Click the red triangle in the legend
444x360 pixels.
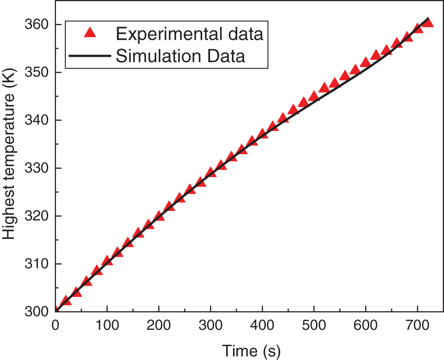pos(90,33)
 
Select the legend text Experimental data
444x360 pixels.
pos(190,33)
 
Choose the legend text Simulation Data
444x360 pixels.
pos(181,56)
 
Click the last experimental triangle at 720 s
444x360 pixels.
pos(428,23)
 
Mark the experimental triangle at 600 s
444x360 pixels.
pos(366,62)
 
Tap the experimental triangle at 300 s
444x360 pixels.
pos(211,173)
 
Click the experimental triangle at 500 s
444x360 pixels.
pos(314,96)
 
